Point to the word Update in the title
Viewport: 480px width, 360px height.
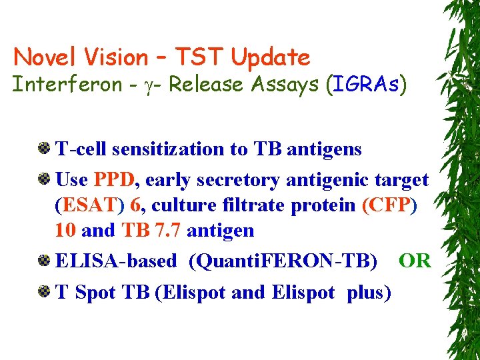(x=271, y=57)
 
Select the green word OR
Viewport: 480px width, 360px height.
(x=415, y=261)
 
